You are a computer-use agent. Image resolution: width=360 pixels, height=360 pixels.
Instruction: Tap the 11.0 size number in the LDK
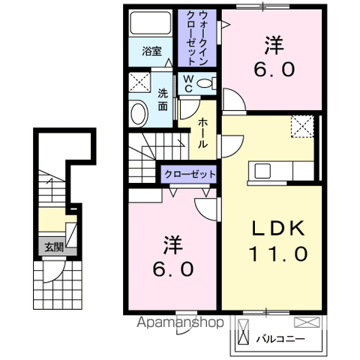pyautogui.click(x=278, y=253)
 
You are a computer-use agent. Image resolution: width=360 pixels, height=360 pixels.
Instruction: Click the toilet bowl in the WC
pyautogui.click(x=209, y=82)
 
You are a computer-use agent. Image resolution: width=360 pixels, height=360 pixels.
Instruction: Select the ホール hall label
pyautogui.click(x=203, y=132)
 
